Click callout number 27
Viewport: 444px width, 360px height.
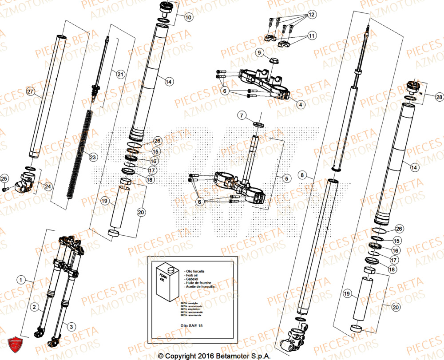(30, 92)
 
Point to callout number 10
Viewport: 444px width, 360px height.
(189, 18)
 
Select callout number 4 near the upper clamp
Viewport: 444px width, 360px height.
(301, 105)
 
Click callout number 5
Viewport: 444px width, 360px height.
(286, 179)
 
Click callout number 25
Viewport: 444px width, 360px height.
(4, 179)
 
